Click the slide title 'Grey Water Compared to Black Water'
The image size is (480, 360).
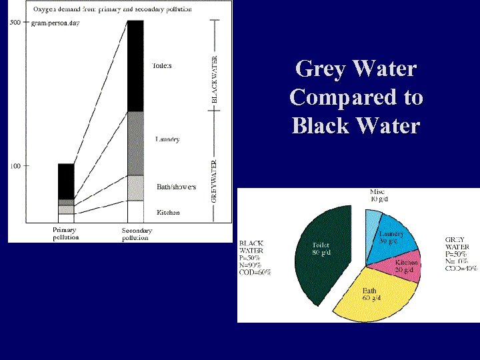click(x=356, y=97)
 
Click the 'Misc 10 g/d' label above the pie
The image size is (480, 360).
click(x=377, y=195)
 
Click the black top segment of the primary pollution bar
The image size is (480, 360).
click(x=66, y=181)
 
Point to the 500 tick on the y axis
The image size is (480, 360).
click(x=15, y=22)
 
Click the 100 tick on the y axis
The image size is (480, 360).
click(x=15, y=165)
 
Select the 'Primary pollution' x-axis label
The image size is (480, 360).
click(x=65, y=233)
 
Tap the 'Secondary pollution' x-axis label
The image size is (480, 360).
click(x=137, y=233)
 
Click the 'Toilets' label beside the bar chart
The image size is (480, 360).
click(x=162, y=65)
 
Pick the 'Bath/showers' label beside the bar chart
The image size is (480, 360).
click(x=176, y=187)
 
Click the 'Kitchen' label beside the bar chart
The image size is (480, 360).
click(x=167, y=213)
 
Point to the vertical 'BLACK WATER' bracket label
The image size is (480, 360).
click(x=214, y=79)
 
